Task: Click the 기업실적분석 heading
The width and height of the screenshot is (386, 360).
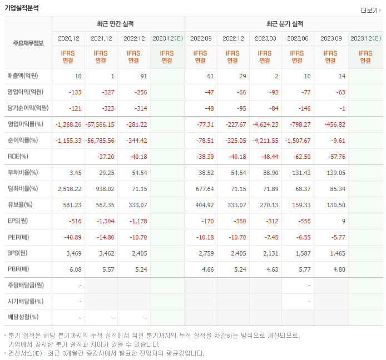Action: (x=23, y=8)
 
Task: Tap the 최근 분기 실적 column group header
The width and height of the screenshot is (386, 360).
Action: (x=284, y=24)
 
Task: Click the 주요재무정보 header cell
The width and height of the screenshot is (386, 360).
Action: (x=28, y=43)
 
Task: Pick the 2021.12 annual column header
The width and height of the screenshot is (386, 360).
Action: (x=101, y=38)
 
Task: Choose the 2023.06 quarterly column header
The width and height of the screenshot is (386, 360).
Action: (x=298, y=38)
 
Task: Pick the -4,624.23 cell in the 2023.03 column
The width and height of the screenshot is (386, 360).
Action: (x=265, y=124)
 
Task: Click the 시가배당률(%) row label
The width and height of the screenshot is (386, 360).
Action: (x=26, y=302)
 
